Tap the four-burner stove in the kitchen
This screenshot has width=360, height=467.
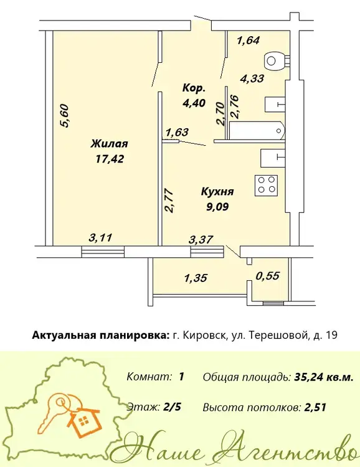tap(266, 186)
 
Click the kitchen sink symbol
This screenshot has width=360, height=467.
tap(273, 158)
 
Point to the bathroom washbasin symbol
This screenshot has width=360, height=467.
tap(275, 104)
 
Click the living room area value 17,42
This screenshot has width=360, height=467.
tap(110, 159)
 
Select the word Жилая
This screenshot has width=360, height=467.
tap(110, 144)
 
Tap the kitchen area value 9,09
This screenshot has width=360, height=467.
tap(217, 206)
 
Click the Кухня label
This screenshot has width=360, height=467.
tap(217, 192)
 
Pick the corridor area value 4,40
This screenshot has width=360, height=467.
tap(194, 103)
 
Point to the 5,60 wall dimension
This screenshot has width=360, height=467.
tap(65, 116)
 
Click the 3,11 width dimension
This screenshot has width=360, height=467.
tap(100, 238)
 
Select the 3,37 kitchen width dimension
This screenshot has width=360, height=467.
tap(201, 239)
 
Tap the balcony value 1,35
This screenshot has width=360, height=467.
tap(196, 278)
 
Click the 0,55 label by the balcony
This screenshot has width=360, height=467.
tap(268, 276)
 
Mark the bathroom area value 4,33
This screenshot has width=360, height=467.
tap(252, 78)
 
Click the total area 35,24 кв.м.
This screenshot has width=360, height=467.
tap(324, 377)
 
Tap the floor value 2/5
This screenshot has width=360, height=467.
tap(173, 407)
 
